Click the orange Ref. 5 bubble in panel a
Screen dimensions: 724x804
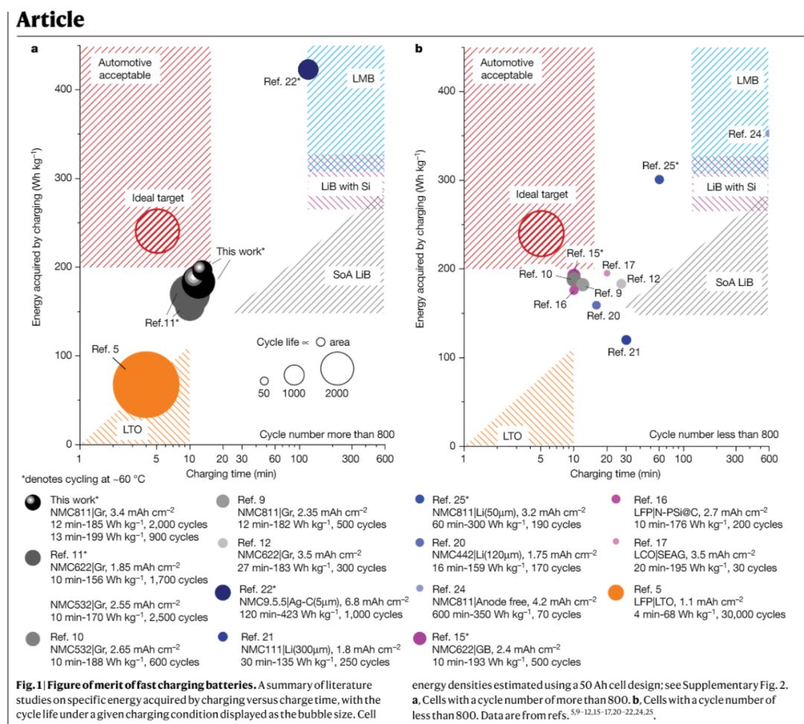pyautogui.click(x=146, y=384)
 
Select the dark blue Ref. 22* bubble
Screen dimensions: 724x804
pyautogui.click(x=308, y=69)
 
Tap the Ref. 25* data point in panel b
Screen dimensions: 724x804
pyautogui.click(x=659, y=180)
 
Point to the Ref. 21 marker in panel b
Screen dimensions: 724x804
pyautogui.click(x=626, y=340)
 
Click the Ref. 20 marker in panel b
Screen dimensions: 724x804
pyautogui.click(x=596, y=305)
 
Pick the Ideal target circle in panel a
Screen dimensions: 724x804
pyautogui.click(x=157, y=231)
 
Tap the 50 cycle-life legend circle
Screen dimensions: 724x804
pyautogui.click(x=264, y=381)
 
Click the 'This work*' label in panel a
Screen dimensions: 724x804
pyautogui.click(x=240, y=251)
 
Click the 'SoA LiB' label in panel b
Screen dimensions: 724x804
pyautogui.click(x=734, y=282)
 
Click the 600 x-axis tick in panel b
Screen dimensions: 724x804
pyautogui.click(x=768, y=460)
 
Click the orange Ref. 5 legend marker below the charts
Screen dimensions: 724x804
pyautogui.click(x=616, y=594)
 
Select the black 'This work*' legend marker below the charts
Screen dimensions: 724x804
pyautogui.click(x=33, y=504)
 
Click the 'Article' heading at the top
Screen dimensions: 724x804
pyautogui.click(x=51, y=19)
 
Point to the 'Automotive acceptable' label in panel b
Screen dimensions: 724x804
pyautogui.click(x=506, y=69)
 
